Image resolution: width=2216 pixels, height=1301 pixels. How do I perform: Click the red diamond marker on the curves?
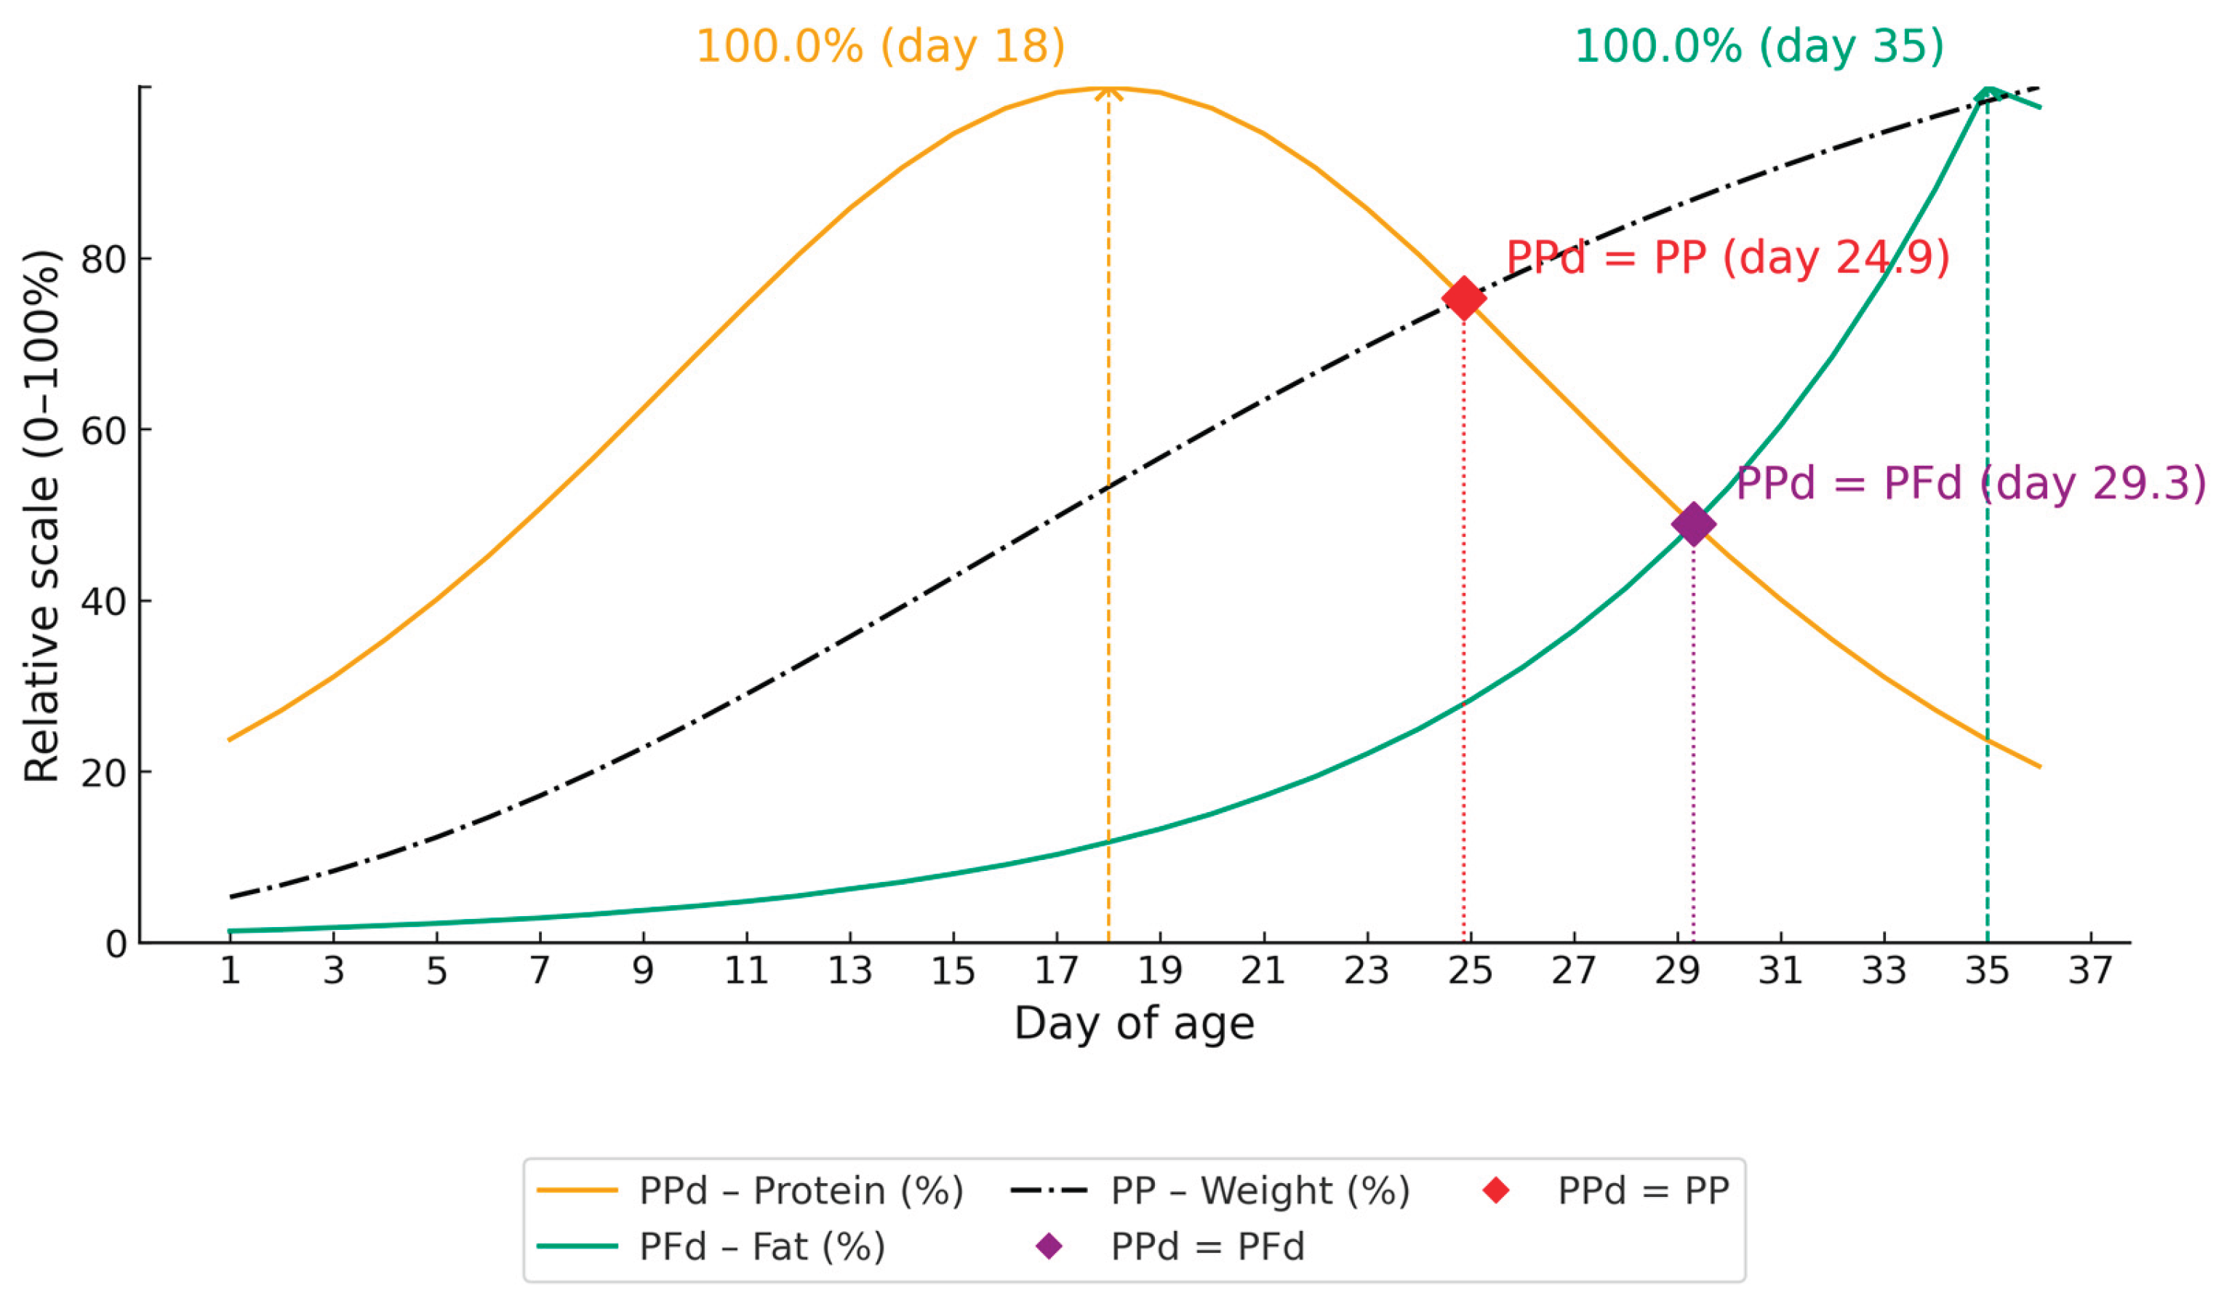point(1463,298)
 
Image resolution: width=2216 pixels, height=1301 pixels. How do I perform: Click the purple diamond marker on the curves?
point(1693,525)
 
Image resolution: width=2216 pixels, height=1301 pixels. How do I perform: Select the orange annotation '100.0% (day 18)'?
point(880,46)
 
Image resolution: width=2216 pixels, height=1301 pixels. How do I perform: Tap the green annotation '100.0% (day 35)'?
point(1759,46)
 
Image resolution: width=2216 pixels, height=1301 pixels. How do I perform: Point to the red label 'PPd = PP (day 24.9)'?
point(1728,258)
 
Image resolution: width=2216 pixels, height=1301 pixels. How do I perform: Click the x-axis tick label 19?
point(1160,971)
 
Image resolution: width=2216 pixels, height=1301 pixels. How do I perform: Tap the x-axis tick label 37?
point(2090,971)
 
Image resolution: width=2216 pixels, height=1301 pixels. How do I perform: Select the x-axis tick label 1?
point(231,971)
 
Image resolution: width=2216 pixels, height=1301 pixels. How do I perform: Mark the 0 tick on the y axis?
point(116,944)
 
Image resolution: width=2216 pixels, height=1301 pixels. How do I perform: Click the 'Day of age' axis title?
point(1134,1024)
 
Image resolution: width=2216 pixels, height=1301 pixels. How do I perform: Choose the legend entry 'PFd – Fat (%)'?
point(761,1246)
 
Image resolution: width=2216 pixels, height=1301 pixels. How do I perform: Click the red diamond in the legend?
point(1496,1191)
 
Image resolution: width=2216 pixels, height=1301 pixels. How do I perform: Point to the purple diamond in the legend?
point(1049,1246)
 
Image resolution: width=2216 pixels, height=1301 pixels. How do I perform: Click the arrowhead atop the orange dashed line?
point(1108,91)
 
